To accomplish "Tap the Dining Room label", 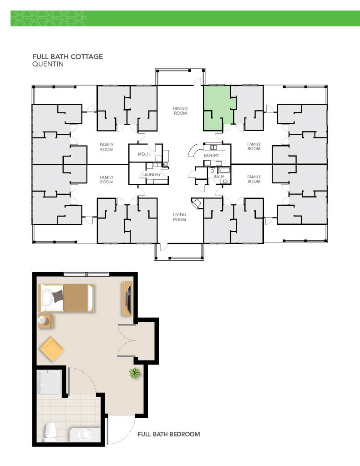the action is [180, 111].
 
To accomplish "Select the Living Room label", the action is [180, 217].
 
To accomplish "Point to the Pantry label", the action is [211, 156].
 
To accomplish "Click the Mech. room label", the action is [144, 154].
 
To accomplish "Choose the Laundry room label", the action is [151, 174].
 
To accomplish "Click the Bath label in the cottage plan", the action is [218, 176].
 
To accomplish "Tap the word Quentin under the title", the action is [48, 64].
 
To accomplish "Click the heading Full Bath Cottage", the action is [67, 56].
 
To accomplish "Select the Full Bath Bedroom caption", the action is [168, 434].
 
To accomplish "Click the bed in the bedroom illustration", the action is [67, 298].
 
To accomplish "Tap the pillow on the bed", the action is [48, 298].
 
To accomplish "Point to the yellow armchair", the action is [52, 349].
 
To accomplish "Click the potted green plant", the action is [135, 373].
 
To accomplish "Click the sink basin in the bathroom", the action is [85, 435].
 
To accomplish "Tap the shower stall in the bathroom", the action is [49, 382].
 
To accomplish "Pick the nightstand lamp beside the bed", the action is [42, 320].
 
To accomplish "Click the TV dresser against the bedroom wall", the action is [127, 299].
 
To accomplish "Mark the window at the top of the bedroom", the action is [86, 274].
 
